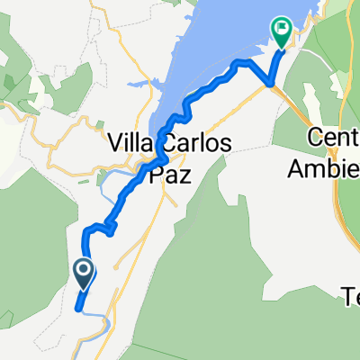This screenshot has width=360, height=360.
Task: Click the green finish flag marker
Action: point(281,32)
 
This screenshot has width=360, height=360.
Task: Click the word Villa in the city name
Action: point(130,141)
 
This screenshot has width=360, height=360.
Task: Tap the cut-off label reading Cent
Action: point(329,139)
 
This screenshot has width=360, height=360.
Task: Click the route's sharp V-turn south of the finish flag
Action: point(269,84)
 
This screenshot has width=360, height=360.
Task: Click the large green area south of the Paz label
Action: point(207,261)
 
